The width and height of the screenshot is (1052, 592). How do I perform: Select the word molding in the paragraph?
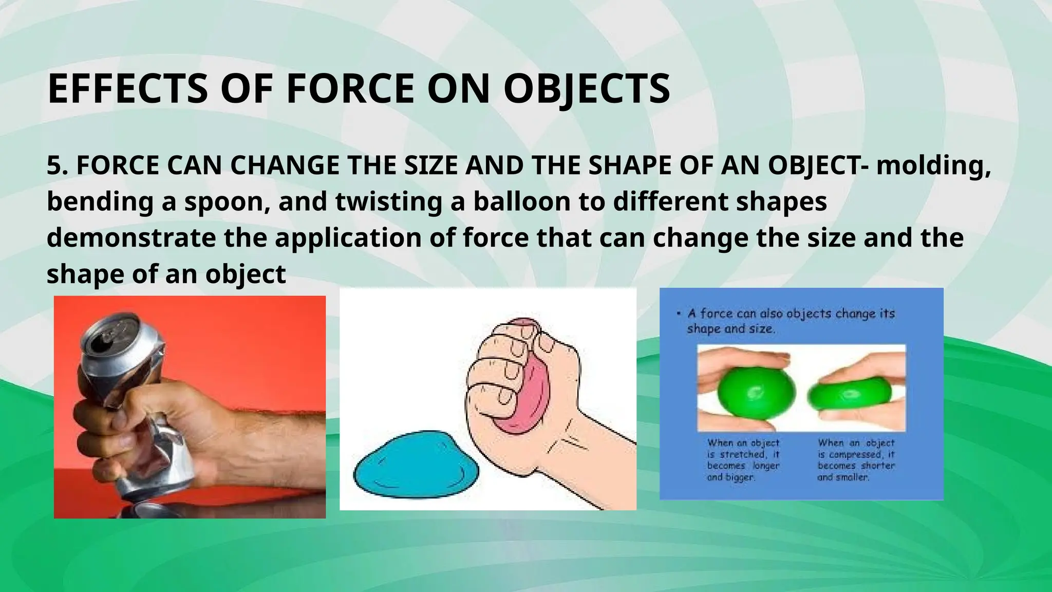[932, 166]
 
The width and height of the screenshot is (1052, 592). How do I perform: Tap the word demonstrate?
[131, 238]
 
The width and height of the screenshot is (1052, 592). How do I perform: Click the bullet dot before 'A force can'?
[679, 313]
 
